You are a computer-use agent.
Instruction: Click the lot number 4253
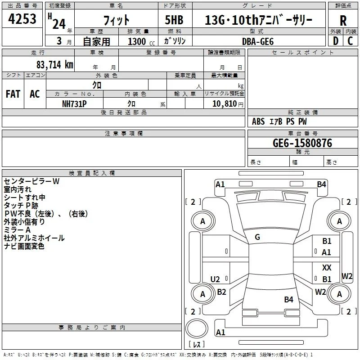[22, 18]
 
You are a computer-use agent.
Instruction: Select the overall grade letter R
[343, 20]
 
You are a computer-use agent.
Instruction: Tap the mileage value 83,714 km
[54, 65]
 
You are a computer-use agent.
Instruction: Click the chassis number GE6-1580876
[302, 143]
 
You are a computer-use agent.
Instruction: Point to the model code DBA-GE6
[258, 41]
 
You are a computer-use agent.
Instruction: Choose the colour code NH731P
[74, 104]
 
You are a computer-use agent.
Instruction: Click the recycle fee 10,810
[224, 103]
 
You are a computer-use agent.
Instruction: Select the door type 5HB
[174, 20]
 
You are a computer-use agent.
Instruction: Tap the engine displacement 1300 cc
[141, 41]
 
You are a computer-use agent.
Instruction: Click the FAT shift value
[13, 94]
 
